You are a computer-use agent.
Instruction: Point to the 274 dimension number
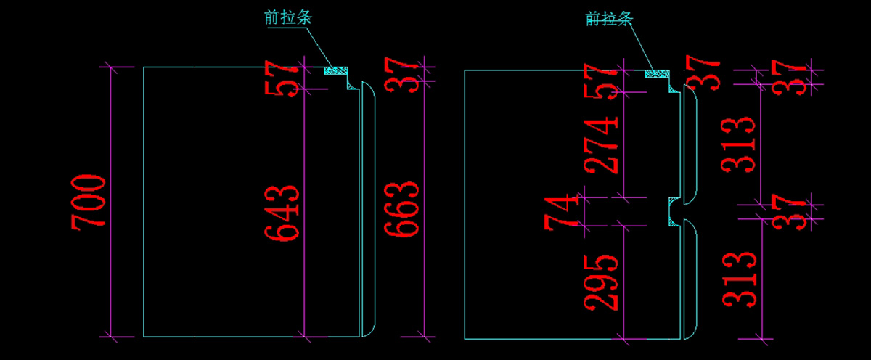click(603, 142)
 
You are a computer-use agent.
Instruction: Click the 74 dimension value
click(563, 211)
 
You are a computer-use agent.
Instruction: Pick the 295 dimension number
click(603, 281)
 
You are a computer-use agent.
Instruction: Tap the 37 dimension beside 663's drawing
click(402, 74)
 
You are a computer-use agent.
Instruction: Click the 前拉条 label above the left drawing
click(288, 17)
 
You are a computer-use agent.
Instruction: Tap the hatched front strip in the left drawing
click(335, 70)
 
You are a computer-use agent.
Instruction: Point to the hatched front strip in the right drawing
click(658, 73)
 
